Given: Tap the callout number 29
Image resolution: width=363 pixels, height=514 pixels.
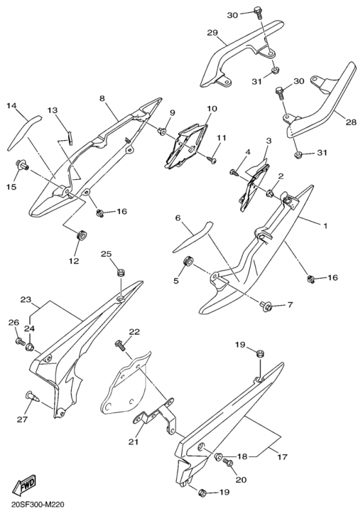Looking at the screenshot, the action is [212, 33].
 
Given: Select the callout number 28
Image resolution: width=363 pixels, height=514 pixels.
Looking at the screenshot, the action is [351, 122].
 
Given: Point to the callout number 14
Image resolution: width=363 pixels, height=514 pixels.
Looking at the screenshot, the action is [12, 105].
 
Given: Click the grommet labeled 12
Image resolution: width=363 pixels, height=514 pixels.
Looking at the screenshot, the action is [82, 235].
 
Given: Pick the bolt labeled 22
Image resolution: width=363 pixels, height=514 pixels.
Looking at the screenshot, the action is [120, 345].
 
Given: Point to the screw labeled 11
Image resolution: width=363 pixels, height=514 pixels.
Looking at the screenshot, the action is [211, 159].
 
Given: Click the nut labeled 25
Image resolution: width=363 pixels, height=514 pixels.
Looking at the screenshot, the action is [121, 273].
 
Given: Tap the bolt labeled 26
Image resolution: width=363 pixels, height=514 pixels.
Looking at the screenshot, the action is [20, 342].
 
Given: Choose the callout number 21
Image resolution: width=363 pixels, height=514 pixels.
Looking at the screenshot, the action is [133, 442].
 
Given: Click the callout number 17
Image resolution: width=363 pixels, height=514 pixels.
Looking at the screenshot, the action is [283, 457].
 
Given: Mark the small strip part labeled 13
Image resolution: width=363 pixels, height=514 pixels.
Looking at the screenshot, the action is [69, 137].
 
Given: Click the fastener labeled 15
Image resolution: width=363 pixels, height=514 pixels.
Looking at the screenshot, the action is [22, 166].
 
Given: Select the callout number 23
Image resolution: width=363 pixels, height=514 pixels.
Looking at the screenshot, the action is [26, 299].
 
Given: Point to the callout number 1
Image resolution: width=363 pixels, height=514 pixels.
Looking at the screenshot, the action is [325, 226].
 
